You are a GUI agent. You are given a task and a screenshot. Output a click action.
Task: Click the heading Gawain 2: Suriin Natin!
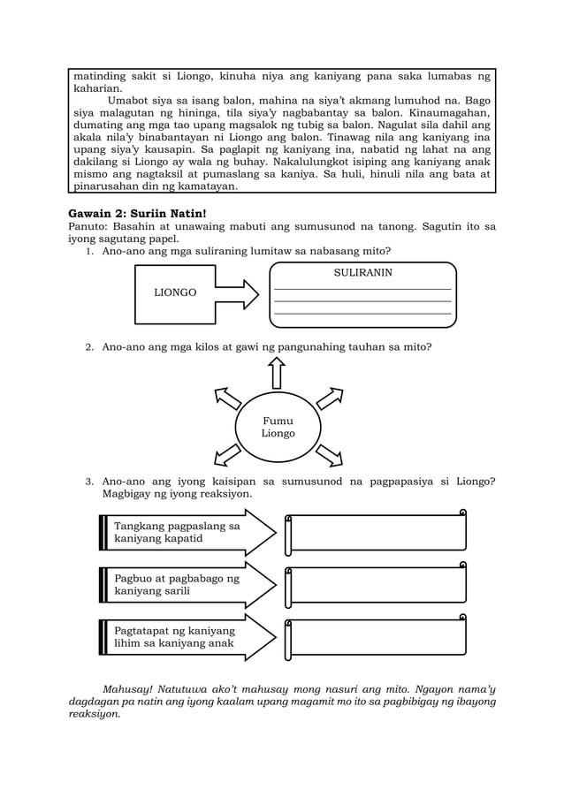click(137, 213)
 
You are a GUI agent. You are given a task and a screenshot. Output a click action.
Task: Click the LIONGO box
click(175, 293)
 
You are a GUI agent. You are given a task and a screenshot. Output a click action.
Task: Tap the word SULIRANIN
click(362, 273)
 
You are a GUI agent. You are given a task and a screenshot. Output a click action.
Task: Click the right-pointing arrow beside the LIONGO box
click(236, 293)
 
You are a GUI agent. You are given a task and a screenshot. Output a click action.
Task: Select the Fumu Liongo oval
click(278, 428)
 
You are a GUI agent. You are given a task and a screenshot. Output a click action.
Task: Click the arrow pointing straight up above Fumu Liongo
click(278, 372)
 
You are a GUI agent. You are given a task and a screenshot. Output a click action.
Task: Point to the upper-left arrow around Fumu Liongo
click(227, 399)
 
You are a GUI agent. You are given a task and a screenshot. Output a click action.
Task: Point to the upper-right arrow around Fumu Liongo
click(330, 398)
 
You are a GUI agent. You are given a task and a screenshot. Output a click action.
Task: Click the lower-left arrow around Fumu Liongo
click(227, 454)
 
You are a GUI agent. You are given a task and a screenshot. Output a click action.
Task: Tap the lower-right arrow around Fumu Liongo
click(329, 454)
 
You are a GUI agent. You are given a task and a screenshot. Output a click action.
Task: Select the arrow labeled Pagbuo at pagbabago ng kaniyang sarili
click(186, 585)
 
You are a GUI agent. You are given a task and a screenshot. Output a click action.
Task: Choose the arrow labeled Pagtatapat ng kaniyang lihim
click(186, 637)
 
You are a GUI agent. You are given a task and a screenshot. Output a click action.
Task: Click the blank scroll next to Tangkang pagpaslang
click(376, 532)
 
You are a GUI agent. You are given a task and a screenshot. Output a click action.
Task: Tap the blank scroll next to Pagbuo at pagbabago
click(376, 584)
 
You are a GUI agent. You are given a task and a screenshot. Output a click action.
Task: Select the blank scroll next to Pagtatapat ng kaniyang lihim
click(376, 636)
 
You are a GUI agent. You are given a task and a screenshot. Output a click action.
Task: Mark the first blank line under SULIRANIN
click(362, 289)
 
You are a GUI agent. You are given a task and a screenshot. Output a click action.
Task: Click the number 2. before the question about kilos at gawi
click(89, 347)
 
